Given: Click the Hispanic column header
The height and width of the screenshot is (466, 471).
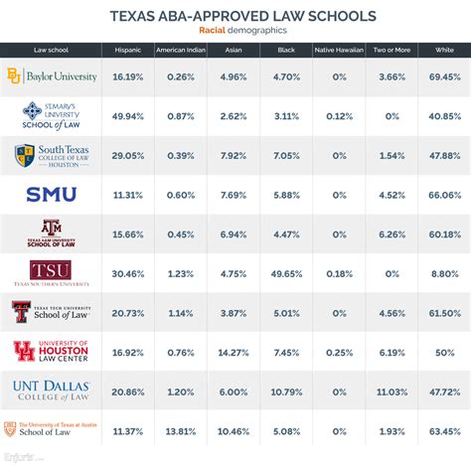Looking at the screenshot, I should (x=127, y=49).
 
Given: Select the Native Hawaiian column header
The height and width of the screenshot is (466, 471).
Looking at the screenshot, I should (x=338, y=49).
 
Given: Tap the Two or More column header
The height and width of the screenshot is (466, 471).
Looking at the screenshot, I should (x=392, y=49).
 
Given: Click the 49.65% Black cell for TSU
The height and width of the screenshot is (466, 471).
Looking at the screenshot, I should (x=285, y=273).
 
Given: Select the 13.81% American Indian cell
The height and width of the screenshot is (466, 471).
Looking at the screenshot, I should (x=182, y=430).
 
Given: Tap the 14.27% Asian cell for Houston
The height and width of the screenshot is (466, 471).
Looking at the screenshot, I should (x=234, y=351).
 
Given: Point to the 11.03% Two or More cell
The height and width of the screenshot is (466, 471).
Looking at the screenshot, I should (x=392, y=390).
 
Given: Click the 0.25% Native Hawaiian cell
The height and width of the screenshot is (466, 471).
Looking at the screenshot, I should (x=338, y=351).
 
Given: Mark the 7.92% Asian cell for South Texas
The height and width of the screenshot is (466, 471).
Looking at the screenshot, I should (x=234, y=156).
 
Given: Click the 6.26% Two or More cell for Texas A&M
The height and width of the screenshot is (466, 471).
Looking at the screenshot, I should (x=392, y=233).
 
